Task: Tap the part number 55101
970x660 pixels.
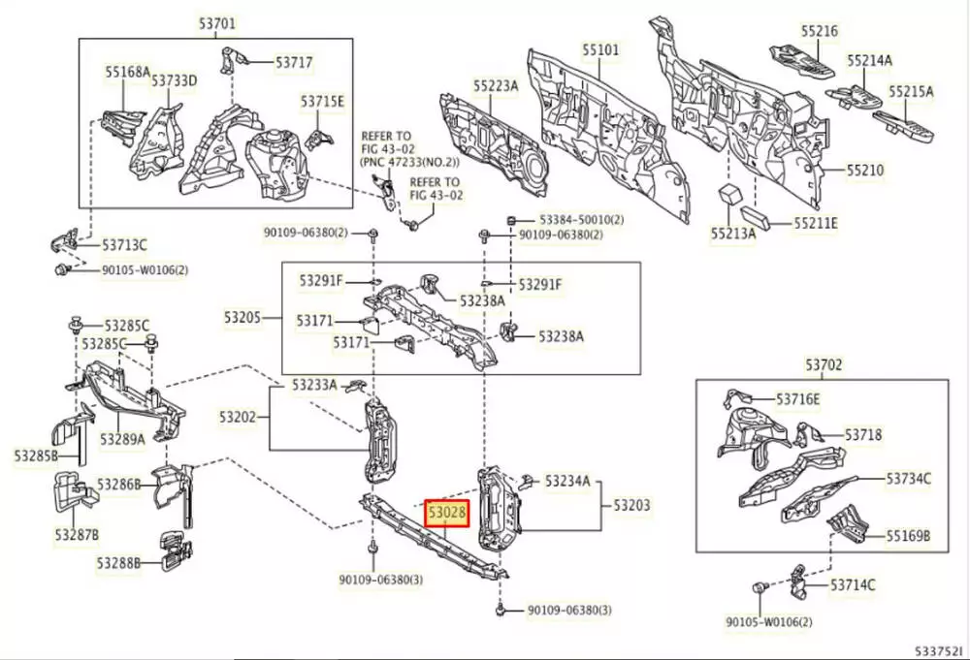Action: [600, 48]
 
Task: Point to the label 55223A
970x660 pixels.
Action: [496, 85]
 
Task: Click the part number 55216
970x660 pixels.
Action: [819, 31]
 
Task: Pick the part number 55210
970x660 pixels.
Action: [864, 170]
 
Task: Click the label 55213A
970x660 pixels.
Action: [732, 233]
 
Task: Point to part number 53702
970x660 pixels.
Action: [824, 365]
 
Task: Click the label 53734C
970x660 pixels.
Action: [909, 478]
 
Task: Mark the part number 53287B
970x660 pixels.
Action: [76, 534]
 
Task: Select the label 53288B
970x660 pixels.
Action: [118, 562]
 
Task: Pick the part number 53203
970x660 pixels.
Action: [631, 505]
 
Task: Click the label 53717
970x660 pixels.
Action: [294, 62]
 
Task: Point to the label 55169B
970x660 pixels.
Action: [908, 535]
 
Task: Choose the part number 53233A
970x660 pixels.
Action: [314, 385]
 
